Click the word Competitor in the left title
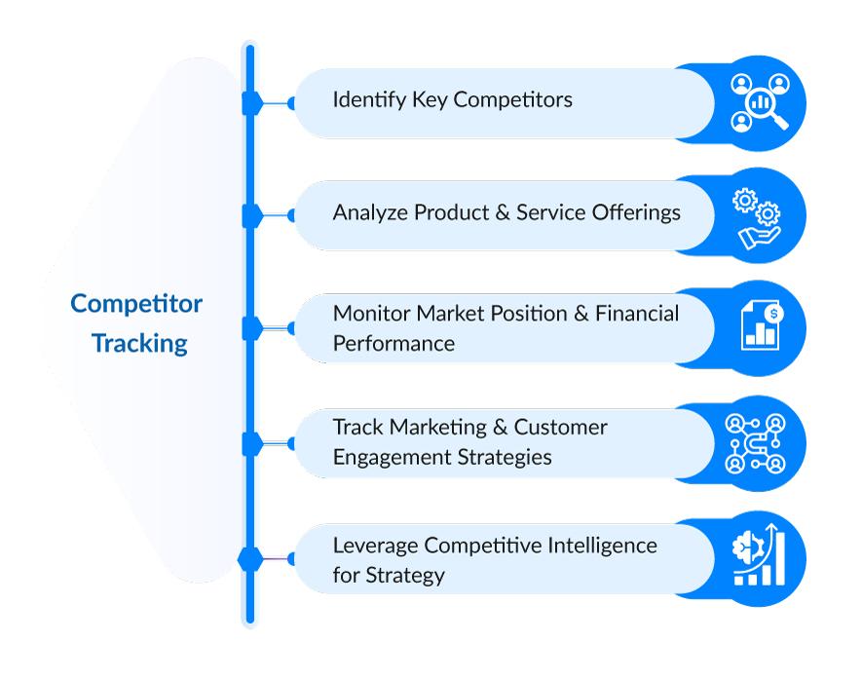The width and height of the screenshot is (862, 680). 136,304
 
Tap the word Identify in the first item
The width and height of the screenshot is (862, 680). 363,100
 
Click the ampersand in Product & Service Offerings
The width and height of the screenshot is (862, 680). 503,212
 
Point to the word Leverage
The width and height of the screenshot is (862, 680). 372,545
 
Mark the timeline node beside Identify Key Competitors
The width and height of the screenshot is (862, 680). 251,102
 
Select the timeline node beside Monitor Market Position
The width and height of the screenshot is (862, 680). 251,329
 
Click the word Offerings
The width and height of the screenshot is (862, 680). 640,212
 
